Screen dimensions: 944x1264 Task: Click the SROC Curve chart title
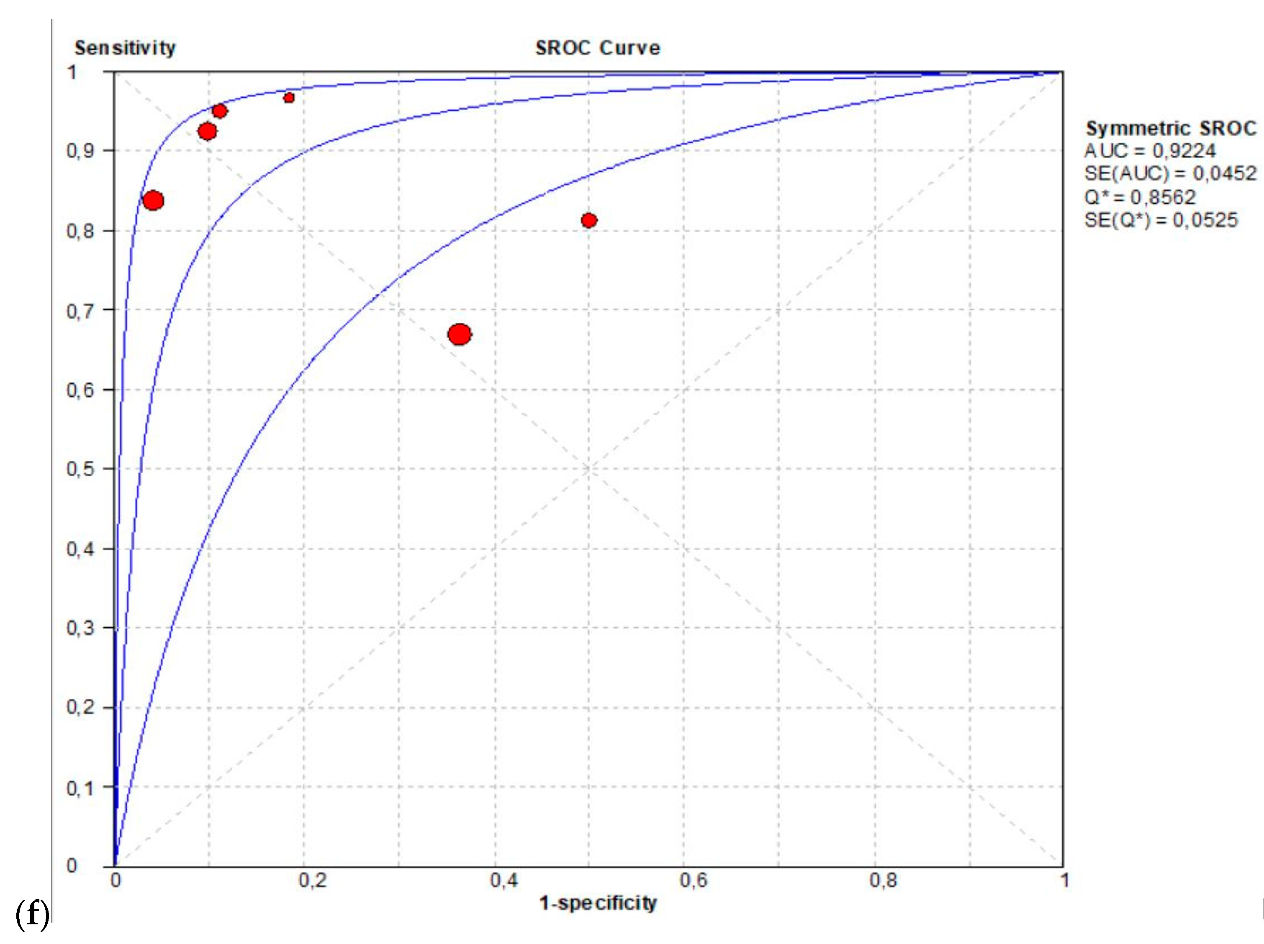[x=597, y=48]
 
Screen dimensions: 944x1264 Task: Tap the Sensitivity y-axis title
[x=125, y=48]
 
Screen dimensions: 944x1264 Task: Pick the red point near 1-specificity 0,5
[x=589, y=220]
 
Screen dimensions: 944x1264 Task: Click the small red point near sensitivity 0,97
[x=289, y=98]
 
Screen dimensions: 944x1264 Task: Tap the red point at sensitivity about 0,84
[x=153, y=201]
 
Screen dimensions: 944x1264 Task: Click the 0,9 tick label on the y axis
[x=80, y=151]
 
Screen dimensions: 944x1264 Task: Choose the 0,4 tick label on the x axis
[x=504, y=880]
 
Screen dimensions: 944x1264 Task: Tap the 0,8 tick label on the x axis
[x=884, y=880]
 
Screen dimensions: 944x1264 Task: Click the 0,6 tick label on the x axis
[x=694, y=880]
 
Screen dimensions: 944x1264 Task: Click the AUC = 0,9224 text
[x=1150, y=151]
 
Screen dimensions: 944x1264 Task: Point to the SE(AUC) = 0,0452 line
[x=1170, y=173]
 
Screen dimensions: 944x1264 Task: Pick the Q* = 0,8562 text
[x=1140, y=197]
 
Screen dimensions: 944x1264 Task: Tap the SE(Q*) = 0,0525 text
[x=1161, y=220]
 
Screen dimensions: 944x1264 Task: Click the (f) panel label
[x=32, y=914]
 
